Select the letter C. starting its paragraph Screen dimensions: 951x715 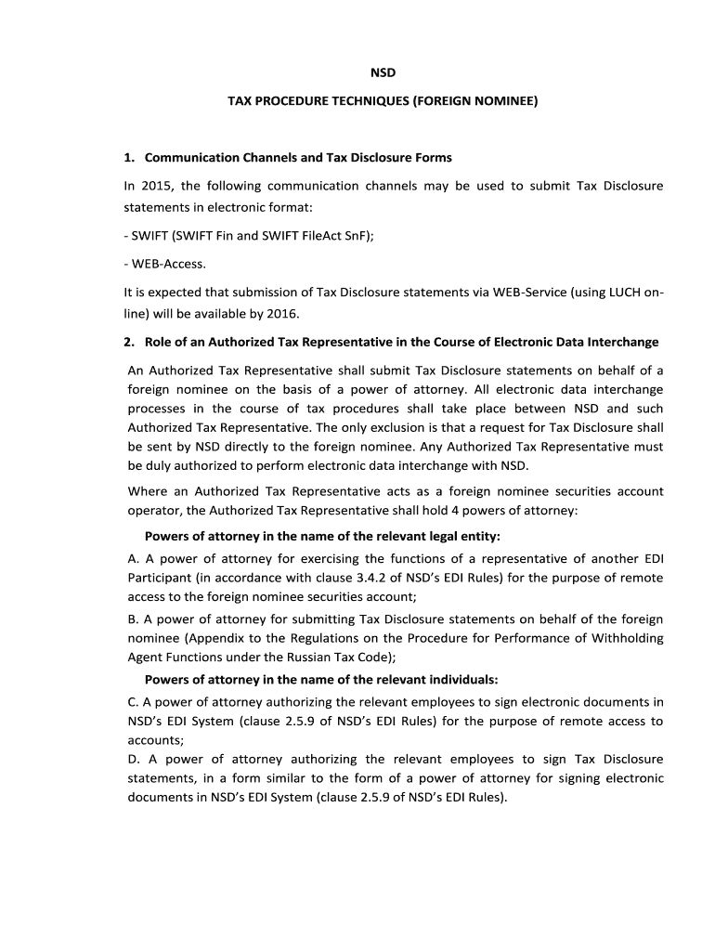(132, 701)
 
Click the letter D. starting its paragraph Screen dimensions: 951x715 (133, 759)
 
